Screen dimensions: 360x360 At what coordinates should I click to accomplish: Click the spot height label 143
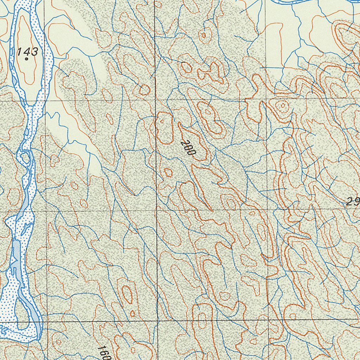pyautogui.click(x=27, y=52)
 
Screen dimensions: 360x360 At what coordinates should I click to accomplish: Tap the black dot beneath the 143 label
pyautogui.click(x=27, y=59)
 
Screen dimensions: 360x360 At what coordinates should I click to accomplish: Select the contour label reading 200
pyautogui.click(x=188, y=148)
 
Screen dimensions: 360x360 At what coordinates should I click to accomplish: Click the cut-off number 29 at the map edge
pyautogui.click(x=353, y=202)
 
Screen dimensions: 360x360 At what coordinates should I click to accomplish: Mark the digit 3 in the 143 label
pyautogui.click(x=34, y=52)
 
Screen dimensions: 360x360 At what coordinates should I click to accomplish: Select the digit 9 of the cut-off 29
pyautogui.click(x=356, y=202)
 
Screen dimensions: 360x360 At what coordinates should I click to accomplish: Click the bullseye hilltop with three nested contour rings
pyautogui.click(x=282, y=105)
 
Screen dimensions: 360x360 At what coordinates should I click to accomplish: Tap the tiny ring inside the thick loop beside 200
pyautogui.click(x=162, y=121)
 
